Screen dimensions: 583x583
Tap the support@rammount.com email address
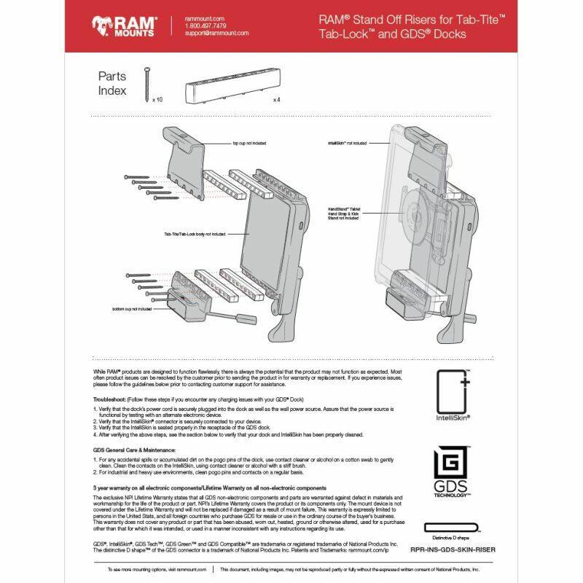point(217,34)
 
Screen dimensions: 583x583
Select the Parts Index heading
point(112,84)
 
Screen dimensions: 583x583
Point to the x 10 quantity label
point(158,98)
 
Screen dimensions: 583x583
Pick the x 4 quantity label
point(277,98)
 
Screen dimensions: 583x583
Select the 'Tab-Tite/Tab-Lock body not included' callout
point(195,234)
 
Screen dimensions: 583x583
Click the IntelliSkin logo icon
point(453,394)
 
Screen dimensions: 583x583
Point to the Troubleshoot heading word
point(109,400)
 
